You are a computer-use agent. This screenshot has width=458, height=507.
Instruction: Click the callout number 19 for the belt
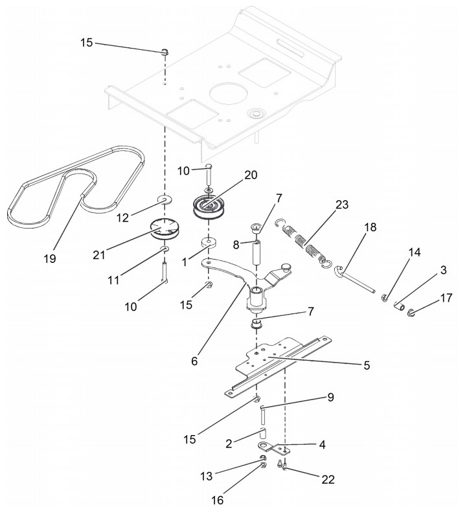click(50, 258)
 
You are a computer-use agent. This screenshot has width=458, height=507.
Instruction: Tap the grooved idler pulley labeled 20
click(207, 207)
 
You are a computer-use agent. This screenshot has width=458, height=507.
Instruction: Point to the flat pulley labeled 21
click(166, 229)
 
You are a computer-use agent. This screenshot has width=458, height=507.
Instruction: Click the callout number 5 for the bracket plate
click(367, 365)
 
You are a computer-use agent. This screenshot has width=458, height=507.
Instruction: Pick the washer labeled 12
click(165, 200)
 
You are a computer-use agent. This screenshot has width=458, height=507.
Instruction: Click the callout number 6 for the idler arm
click(194, 361)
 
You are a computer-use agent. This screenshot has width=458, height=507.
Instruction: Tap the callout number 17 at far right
click(446, 298)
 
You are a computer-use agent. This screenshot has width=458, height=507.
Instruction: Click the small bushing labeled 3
click(400, 306)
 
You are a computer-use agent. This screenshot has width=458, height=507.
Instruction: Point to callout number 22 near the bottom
click(328, 480)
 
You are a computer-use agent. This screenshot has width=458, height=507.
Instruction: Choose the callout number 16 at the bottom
click(218, 501)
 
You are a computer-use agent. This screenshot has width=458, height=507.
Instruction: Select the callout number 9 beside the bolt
click(330, 397)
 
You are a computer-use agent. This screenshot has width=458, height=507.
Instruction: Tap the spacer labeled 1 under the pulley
click(209, 243)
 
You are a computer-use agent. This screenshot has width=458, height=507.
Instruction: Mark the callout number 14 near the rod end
click(415, 253)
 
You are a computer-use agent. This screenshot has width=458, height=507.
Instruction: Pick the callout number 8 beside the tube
click(236, 245)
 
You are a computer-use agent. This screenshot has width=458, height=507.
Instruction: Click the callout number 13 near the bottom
click(207, 476)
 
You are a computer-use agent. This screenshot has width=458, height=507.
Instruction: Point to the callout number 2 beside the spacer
click(229, 444)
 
